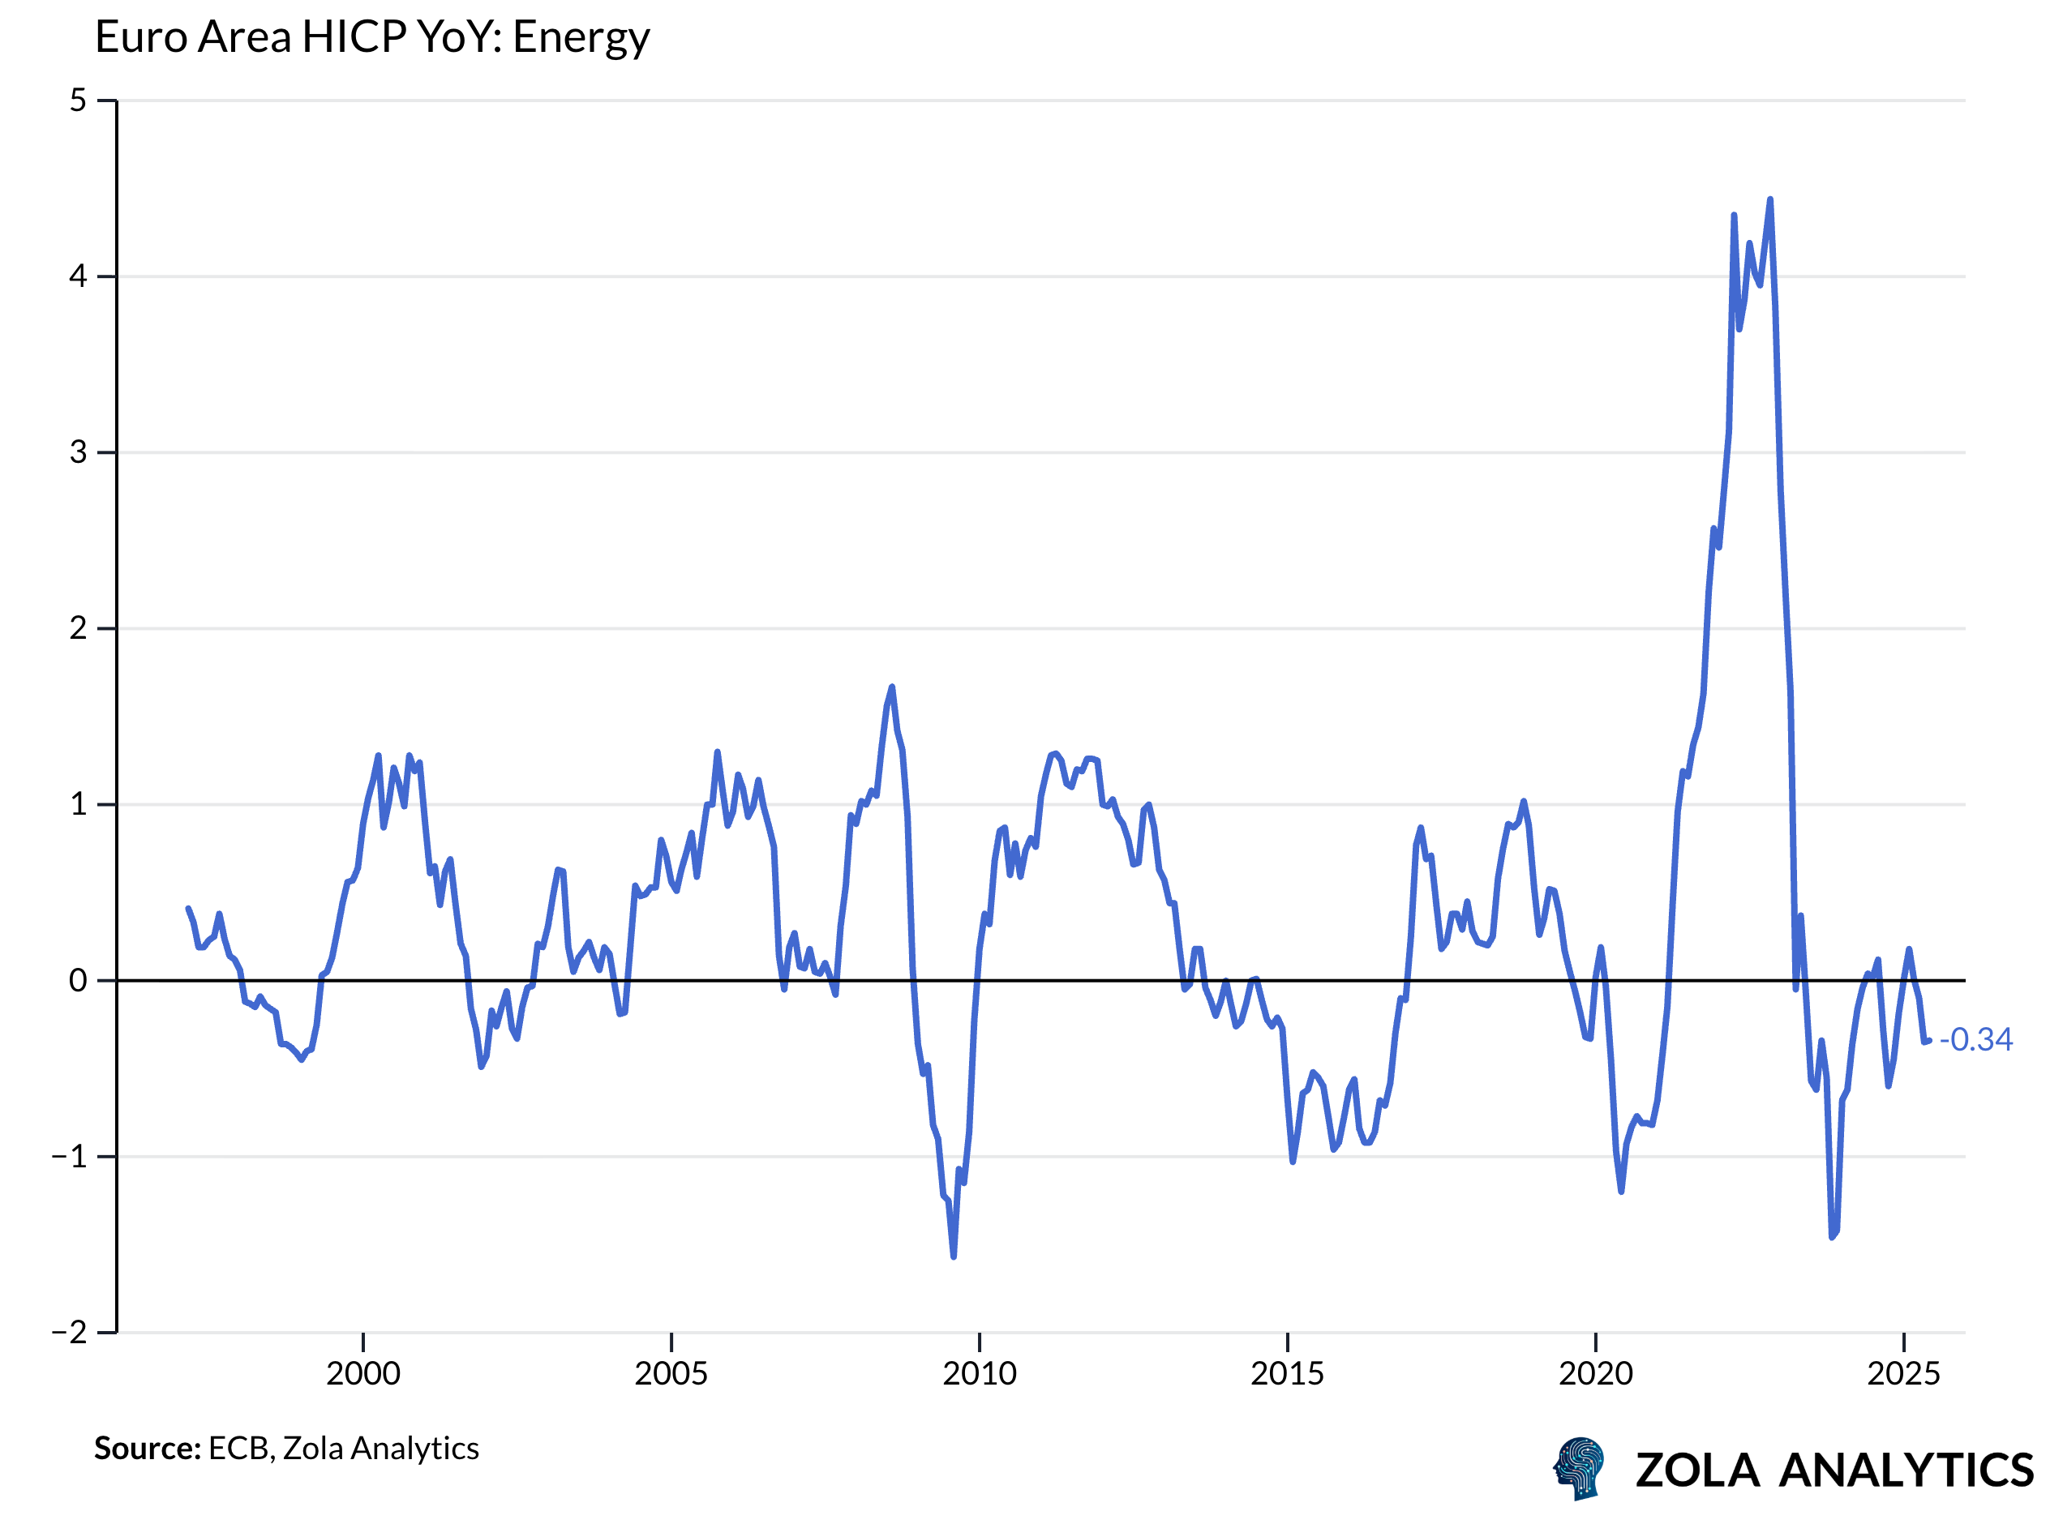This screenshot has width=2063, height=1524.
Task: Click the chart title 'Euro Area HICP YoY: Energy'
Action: coord(372,37)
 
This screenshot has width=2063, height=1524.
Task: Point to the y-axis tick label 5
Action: coord(79,101)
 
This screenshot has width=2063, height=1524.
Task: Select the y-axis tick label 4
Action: coord(79,276)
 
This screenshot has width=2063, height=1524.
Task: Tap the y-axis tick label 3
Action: coord(79,453)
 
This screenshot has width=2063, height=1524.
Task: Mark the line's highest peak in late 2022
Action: coord(1770,200)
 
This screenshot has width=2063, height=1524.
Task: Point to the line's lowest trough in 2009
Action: coord(954,1257)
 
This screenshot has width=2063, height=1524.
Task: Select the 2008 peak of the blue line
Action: coord(892,687)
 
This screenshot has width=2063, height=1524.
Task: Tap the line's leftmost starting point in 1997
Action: coord(188,910)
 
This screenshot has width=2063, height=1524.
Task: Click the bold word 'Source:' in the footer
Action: coord(148,1449)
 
